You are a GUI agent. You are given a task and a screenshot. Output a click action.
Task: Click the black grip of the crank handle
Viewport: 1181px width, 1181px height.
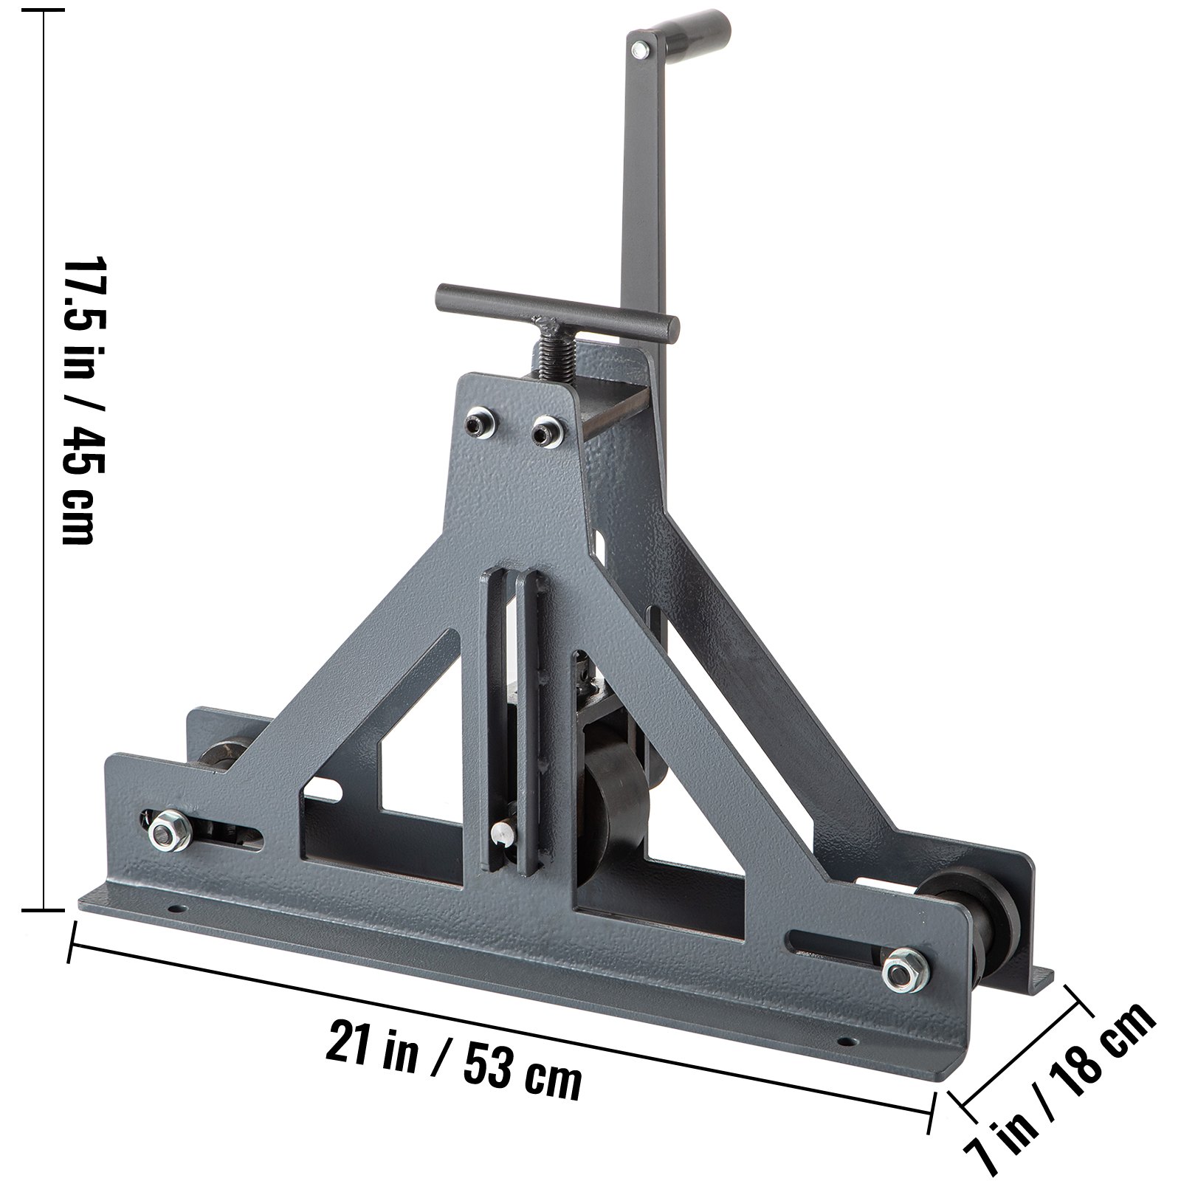click(690, 27)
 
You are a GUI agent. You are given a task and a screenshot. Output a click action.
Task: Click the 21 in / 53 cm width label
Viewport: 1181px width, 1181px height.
click(452, 1056)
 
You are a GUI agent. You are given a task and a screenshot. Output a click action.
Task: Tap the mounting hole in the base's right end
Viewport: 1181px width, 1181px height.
click(847, 1041)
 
